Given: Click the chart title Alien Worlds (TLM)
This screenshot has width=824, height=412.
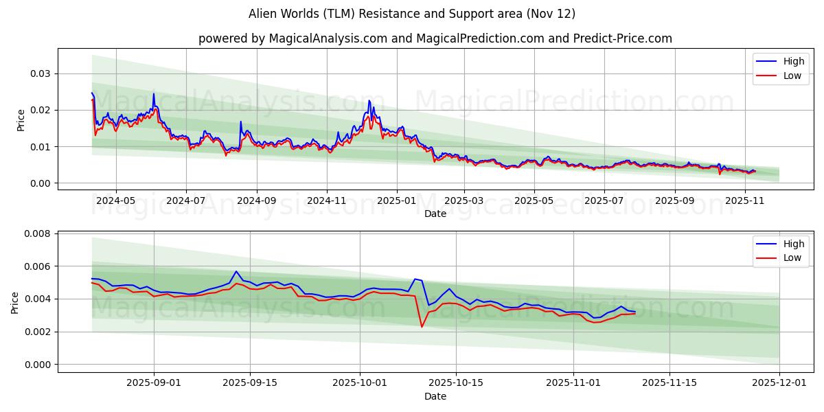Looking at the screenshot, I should point(411,14).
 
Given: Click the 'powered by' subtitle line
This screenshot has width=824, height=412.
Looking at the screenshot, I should point(435,38).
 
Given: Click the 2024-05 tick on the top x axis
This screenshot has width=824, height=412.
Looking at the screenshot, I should point(115,201).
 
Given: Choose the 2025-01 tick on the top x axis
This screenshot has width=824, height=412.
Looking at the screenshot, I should point(396,201).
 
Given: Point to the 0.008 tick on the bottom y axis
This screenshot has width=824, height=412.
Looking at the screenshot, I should point(38,233).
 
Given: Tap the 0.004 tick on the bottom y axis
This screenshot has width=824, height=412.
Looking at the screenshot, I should point(38,299).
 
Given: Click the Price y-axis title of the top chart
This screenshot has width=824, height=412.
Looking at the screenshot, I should point(21,120).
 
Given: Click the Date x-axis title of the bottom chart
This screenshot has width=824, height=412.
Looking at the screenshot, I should point(435,396).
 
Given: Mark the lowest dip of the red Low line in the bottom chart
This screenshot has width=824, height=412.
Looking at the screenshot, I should point(422,326).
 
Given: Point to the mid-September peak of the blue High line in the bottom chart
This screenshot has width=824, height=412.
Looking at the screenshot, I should point(236,271).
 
